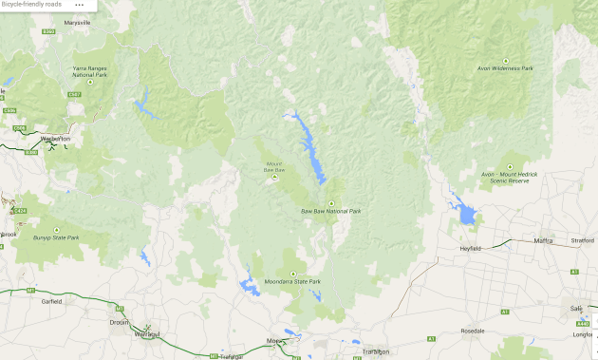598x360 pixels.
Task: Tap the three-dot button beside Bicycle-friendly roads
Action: (79, 5)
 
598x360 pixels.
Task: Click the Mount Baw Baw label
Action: (273, 167)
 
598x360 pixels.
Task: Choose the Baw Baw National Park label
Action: (330, 211)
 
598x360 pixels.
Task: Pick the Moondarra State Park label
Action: (293, 282)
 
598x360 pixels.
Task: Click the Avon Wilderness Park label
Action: (505, 68)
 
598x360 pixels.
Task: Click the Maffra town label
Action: (544, 240)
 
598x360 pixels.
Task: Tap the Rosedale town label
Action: (472, 331)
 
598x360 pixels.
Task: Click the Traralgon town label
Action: (376, 351)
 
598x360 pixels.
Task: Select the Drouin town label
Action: (120, 322)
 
